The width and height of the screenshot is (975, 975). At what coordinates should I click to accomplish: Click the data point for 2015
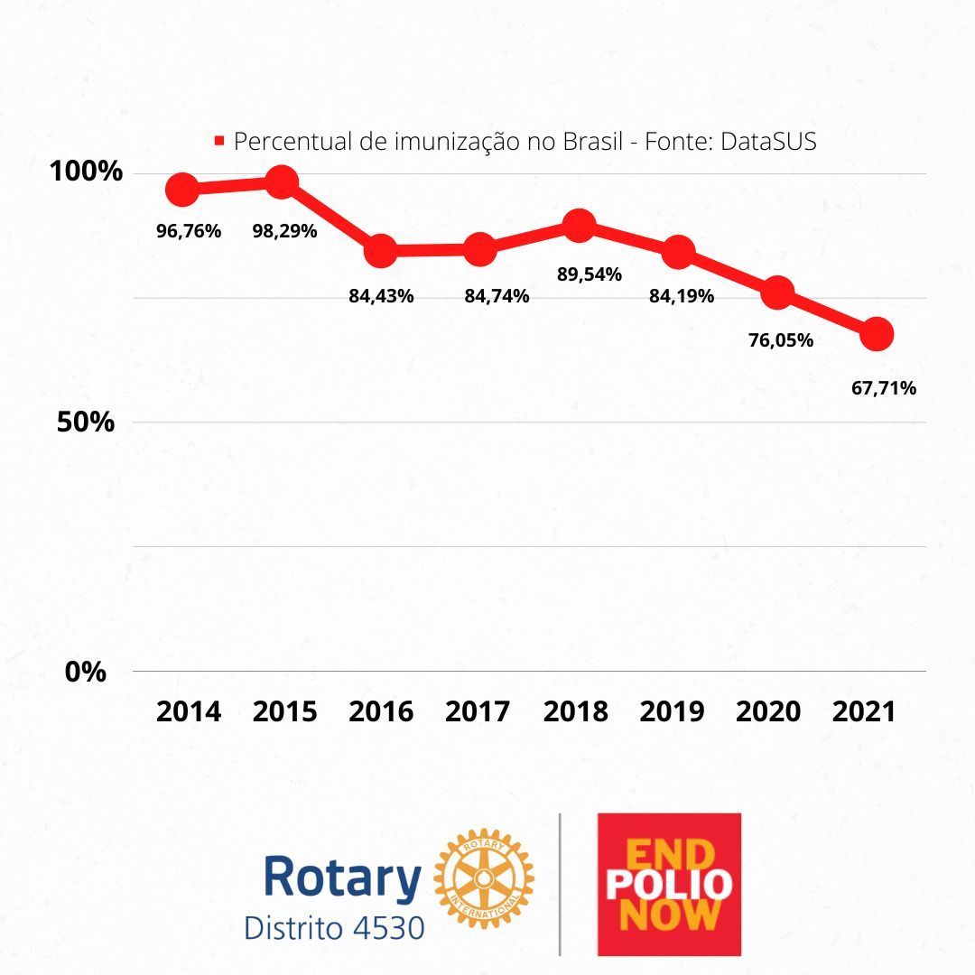point(281,182)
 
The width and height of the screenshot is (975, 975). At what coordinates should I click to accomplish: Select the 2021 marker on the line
point(876,334)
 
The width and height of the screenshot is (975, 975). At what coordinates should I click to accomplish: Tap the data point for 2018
point(579,225)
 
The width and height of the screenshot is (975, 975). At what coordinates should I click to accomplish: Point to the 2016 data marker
point(381,251)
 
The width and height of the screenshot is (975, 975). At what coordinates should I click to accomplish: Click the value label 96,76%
point(189,230)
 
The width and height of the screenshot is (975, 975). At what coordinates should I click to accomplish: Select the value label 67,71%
point(884,388)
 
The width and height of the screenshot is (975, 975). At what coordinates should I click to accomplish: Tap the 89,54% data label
point(589,274)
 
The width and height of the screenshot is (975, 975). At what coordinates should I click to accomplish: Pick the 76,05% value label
point(781,340)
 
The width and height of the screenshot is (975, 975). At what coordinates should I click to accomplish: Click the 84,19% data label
point(682,295)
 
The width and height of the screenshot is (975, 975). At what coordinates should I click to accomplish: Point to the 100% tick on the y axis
point(86,171)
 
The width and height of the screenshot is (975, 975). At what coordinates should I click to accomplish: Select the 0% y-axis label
point(86,672)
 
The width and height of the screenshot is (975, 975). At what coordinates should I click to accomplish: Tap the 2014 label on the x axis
point(188,711)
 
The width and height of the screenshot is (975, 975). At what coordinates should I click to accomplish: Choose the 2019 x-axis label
point(672,711)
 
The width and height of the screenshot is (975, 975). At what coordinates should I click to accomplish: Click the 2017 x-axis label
point(478,711)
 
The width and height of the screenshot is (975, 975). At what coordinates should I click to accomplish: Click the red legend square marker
point(218,141)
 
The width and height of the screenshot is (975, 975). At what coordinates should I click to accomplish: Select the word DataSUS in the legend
point(768,141)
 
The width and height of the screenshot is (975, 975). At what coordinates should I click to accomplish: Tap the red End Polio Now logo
point(669,885)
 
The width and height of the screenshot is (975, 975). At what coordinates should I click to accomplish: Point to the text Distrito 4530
point(334,927)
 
